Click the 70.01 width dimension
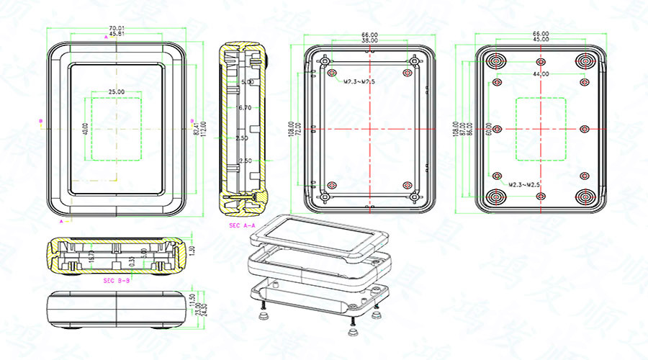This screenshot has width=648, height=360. tap(115, 28)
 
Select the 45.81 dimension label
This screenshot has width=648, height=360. tap(115, 34)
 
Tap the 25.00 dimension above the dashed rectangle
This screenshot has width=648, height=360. tap(115, 92)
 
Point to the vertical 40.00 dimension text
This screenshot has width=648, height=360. tap(85, 130)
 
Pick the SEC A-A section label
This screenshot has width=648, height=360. tap(242, 225)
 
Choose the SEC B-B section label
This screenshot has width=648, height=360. tap(116, 279)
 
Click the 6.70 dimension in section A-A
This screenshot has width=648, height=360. tap(244, 107)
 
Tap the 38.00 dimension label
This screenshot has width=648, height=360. tap(369, 41)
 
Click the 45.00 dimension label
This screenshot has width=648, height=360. tap(540, 40)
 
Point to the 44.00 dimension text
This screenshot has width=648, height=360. tap(540, 74)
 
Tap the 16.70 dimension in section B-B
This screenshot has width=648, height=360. tap(91, 256)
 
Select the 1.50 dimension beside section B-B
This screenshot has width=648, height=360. tap(192, 251)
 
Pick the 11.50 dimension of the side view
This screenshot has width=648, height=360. tap(192, 298)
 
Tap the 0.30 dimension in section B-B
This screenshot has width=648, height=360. tap(132, 262)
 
